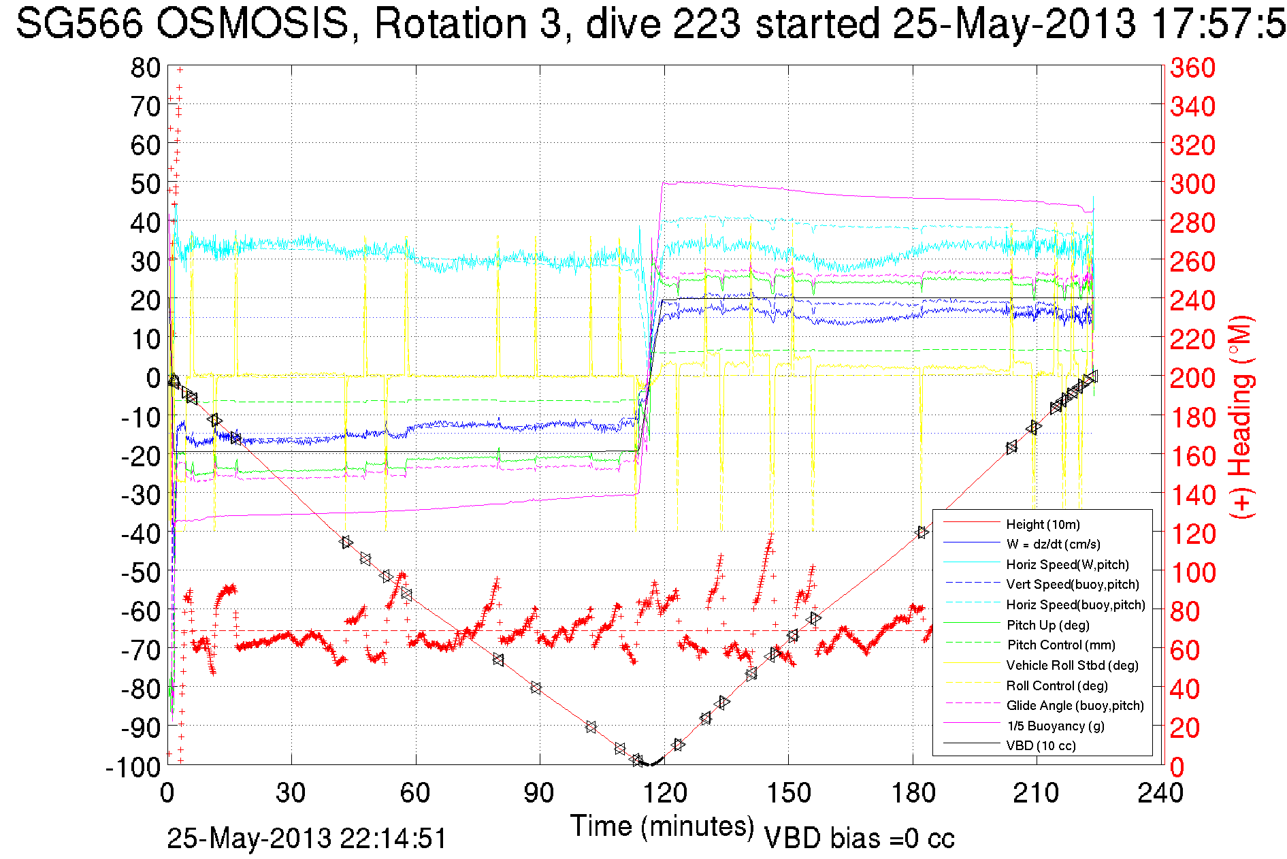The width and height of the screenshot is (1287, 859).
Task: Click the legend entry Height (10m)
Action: pyautogui.click(x=1043, y=524)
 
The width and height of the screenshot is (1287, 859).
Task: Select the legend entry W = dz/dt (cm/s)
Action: pyautogui.click(x=1053, y=544)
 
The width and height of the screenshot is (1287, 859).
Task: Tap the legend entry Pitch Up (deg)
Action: pyautogui.click(x=1047, y=625)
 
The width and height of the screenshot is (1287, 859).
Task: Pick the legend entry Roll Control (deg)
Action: pyautogui.click(x=1056, y=685)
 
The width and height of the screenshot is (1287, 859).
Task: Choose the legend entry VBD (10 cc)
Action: pyautogui.click(x=1041, y=745)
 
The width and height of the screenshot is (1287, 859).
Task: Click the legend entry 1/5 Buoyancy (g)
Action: pyautogui.click(x=1056, y=726)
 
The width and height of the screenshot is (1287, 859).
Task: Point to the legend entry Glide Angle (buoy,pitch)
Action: pyautogui.click(x=1075, y=705)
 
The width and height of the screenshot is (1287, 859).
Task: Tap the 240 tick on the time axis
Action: pyautogui.click(x=1160, y=793)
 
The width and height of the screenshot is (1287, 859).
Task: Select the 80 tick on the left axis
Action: pyautogui.click(x=145, y=67)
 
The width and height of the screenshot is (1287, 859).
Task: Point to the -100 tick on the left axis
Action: pyautogui.click(x=133, y=767)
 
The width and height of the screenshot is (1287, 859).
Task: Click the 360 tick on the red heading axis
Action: pyautogui.click(x=1192, y=67)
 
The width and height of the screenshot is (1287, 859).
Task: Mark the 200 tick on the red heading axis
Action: pyautogui.click(x=1192, y=378)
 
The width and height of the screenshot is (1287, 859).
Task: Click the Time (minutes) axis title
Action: pyautogui.click(x=662, y=826)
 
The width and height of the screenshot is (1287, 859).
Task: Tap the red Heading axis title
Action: pyautogui.click(x=1241, y=417)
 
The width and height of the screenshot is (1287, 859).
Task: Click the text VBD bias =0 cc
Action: pyautogui.click(x=859, y=838)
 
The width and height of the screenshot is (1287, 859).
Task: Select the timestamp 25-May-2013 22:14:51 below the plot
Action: pyautogui.click(x=307, y=838)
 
